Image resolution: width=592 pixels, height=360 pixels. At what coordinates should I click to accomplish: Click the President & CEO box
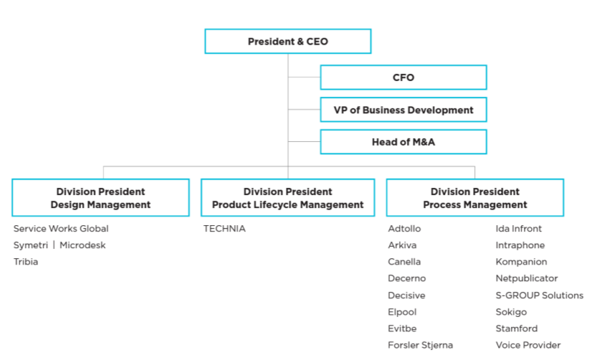coord(288,42)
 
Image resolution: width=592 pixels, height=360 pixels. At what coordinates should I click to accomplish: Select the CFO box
coord(403,77)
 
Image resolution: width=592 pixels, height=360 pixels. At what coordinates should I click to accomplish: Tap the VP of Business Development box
coord(403,109)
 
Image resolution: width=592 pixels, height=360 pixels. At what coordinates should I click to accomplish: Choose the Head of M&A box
coord(403,142)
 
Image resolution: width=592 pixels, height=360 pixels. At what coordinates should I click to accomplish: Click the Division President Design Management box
coord(99,197)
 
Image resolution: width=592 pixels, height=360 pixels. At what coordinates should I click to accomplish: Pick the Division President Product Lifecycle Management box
coord(288,197)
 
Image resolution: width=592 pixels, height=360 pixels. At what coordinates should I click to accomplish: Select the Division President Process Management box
coord(475,197)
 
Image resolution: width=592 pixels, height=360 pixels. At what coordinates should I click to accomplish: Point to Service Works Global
coord(60,229)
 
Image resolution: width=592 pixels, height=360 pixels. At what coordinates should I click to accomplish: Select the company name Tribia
coord(25,262)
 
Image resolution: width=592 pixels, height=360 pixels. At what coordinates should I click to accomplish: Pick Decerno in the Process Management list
coord(406,278)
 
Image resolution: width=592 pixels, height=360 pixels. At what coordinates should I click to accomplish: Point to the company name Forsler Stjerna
coord(420,345)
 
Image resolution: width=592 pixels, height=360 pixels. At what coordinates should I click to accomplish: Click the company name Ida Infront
coord(519,229)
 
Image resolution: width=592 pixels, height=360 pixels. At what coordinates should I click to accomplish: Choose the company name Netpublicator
coord(526,278)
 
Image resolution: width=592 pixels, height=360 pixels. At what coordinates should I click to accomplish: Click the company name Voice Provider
coord(528,345)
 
